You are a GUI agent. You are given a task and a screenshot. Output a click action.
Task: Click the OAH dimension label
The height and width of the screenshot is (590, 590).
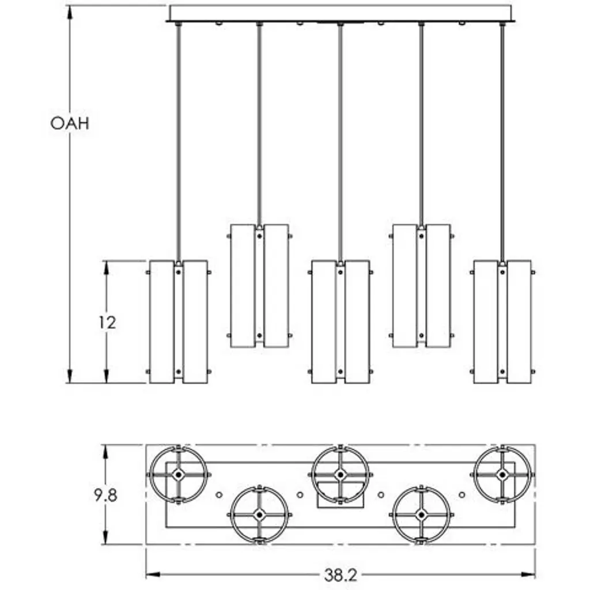pyautogui.click(x=70, y=123)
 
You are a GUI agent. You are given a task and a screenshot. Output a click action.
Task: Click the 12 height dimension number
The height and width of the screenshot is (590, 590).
pyautogui.click(x=107, y=322)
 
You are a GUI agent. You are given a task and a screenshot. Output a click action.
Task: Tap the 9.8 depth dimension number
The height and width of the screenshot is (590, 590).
pyautogui.click(x=105, y=495)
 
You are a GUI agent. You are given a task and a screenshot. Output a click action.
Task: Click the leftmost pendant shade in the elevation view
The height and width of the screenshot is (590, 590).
pyautogui.click(x=179, y=322)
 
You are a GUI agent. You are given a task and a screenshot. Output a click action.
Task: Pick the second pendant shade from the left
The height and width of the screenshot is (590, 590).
pyautogui.click(x=259, y=286)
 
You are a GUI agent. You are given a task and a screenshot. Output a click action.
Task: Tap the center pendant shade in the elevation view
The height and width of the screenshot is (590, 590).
pyautogui.click(x=341, y=322)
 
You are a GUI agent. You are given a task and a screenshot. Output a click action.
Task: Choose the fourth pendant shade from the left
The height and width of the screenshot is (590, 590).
pyautogui.click(x=422, y=286)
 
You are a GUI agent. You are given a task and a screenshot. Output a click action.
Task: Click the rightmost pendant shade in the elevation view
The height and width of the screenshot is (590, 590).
pyautogui.click(x=502, y=322)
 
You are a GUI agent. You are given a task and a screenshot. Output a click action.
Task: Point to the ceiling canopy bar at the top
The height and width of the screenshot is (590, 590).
pyautogui.click(x=340, y=13)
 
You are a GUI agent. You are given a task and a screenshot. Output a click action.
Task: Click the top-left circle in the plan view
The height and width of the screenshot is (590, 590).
pyautogui.click(x=178, y=474)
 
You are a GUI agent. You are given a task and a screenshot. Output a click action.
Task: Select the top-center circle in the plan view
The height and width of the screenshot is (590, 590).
pyautogui.click(x=341, y=474)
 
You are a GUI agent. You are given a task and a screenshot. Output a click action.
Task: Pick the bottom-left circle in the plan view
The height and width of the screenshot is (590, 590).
pyautogui.click(x=259, y=514)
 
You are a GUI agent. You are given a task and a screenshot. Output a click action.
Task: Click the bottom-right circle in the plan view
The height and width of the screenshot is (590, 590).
pyautogui.click(x=422, y=514)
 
